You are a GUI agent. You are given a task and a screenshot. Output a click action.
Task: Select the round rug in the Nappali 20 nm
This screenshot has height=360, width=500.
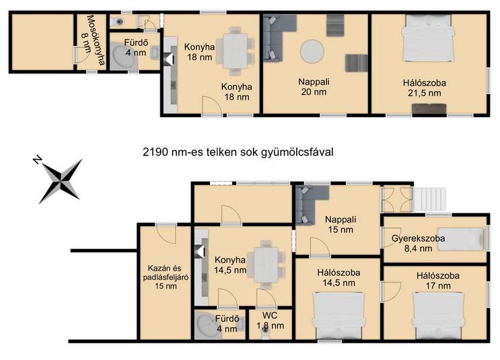312,51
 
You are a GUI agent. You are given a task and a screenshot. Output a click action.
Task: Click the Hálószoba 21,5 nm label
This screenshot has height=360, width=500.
425,88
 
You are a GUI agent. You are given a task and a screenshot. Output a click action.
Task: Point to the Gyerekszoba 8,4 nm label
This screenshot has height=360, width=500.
418,244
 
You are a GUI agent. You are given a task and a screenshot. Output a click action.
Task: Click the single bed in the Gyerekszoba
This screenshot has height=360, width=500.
461,239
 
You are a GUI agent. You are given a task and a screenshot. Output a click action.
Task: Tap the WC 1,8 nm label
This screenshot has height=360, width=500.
270,320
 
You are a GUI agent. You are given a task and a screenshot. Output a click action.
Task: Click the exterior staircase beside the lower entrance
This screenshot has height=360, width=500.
429,199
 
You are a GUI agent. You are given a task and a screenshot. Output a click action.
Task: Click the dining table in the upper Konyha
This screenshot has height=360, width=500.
236,50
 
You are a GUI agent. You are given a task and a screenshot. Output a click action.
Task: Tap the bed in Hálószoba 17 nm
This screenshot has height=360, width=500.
438,315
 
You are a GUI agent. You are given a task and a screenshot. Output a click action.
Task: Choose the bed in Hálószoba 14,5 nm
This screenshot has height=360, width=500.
338,316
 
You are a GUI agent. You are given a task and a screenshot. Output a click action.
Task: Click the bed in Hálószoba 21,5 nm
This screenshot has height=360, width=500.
428,38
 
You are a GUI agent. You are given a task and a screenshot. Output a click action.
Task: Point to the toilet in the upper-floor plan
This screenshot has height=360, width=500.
118,22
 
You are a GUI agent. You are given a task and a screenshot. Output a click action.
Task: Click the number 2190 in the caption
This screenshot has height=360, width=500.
155,152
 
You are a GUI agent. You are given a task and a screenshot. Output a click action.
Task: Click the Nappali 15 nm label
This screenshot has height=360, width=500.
341,225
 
